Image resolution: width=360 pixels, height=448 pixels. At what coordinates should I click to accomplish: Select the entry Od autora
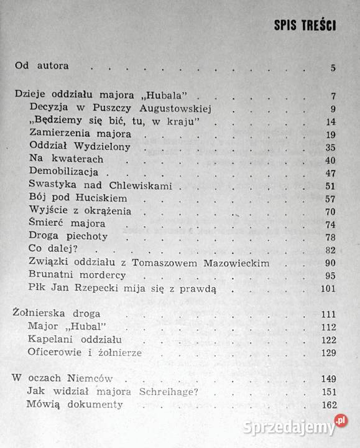[41, 66]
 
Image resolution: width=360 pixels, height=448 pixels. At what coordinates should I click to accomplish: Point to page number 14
[330, 121]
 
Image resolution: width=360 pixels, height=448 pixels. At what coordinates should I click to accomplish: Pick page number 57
[330, 198]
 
